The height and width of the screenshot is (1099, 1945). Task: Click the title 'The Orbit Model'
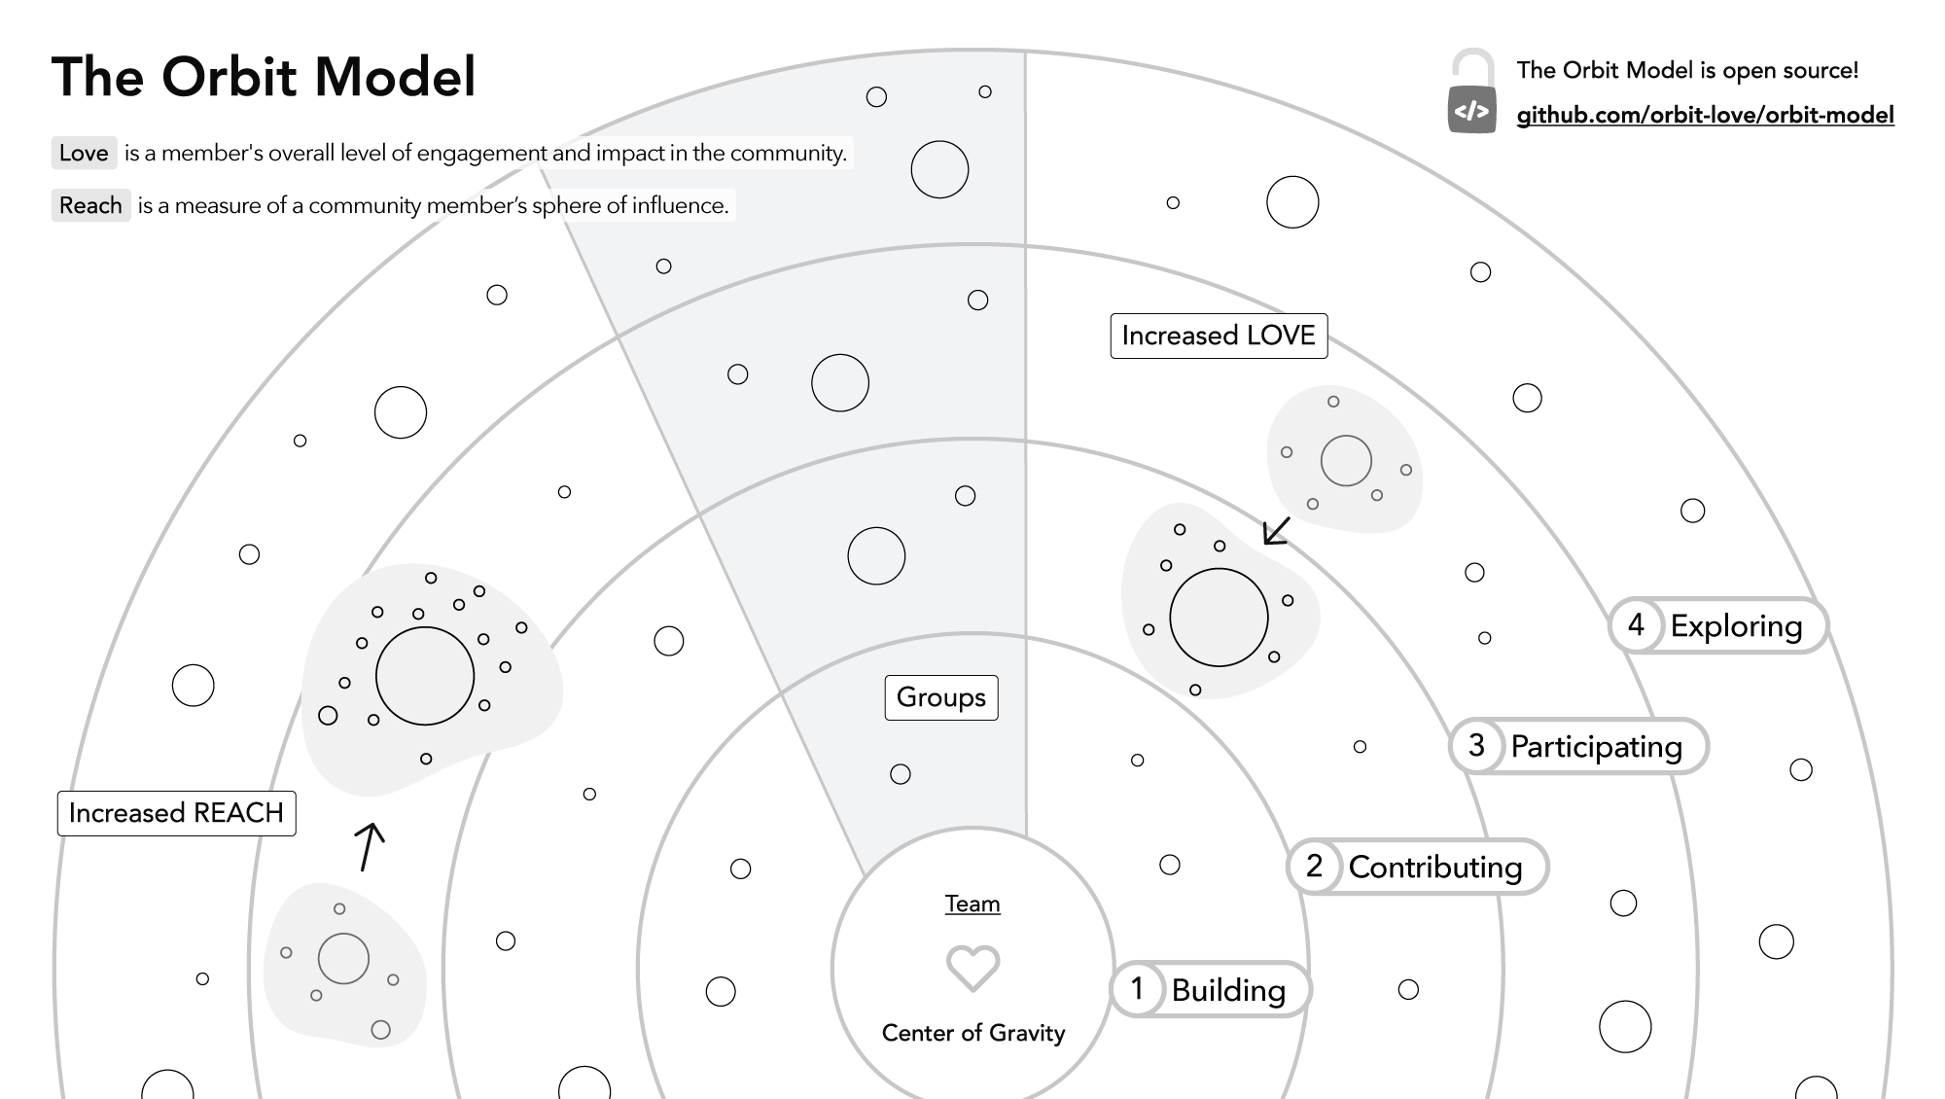[x=264, y=77]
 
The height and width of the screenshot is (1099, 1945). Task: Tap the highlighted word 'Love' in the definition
[x=84, y=153]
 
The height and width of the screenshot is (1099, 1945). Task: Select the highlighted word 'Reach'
[x=90, y=205]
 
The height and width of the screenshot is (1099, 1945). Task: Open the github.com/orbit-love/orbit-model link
[x=1705, y=115]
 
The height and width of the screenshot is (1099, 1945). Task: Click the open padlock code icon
[x=1471, y=92]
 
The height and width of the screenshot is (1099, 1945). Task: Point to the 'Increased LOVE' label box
[x=1219, y=336]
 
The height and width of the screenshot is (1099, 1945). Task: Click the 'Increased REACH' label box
[x=176, y=813]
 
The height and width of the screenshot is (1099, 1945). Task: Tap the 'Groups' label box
[x=940, y=697]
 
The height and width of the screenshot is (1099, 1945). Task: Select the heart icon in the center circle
[x=972, y=968]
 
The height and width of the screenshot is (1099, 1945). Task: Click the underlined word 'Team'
[x=972, y=904]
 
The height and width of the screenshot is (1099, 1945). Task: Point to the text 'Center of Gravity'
[x=972, y=1033]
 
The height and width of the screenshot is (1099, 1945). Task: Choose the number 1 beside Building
[x=1137, y=989]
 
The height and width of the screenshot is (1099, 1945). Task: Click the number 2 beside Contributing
[x=1314, y=866]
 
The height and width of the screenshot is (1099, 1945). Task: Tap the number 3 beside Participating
[x=1476, y=745]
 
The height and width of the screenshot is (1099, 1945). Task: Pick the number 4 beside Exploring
[x=1636, y=624]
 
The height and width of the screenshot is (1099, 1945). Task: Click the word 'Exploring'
[x=1736, y=626]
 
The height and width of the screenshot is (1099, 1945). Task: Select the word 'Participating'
[x=1596, y=747]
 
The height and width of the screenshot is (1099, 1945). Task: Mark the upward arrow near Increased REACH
[x=368, y=846]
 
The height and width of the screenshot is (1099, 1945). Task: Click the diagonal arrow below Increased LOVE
[x=1275, y=531]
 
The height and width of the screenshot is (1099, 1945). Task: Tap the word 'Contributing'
[x=1434, y=868]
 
